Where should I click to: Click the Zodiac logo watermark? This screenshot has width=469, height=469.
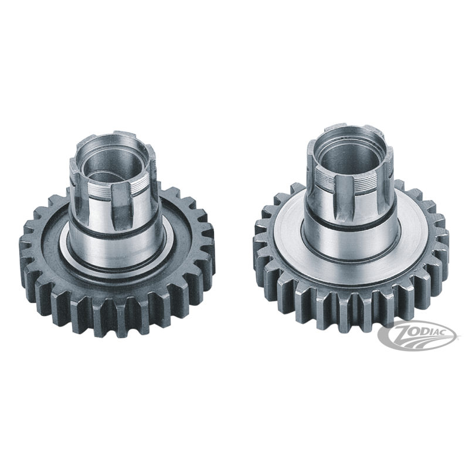pyautogui.click(x=417, y=335)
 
